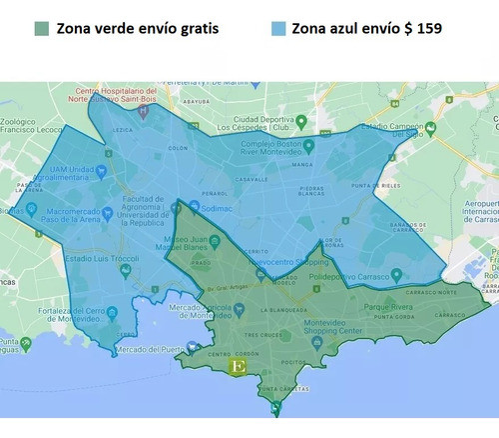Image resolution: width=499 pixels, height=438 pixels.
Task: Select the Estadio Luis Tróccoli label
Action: click(x=101, y=263)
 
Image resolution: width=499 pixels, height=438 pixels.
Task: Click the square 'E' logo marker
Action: click(x=238, y=367)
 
